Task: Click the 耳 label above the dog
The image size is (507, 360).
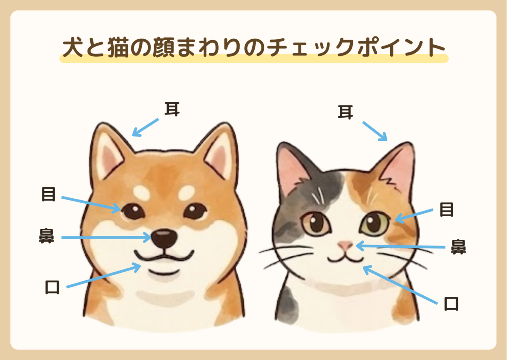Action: tap(172, 109)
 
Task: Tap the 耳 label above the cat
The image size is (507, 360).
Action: tap(345, 112)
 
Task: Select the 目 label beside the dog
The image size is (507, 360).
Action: tap(48, 194)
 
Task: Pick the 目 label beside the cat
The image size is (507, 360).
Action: tap(446, 210)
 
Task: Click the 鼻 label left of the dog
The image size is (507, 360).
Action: tap(47, 236)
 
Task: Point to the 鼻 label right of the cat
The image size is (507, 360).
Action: tap(459, 247)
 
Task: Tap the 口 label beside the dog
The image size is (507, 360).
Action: tap(52, 287)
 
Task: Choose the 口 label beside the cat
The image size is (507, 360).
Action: tap(451, 304)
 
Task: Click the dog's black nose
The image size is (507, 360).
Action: tap(164, 238)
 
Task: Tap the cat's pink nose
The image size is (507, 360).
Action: tap(345, 245)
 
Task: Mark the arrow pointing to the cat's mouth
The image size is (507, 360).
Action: tap(400, 285)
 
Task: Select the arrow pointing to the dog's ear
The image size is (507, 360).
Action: tap(145, 128)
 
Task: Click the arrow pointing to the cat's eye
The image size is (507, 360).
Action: tap(414, 216)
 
